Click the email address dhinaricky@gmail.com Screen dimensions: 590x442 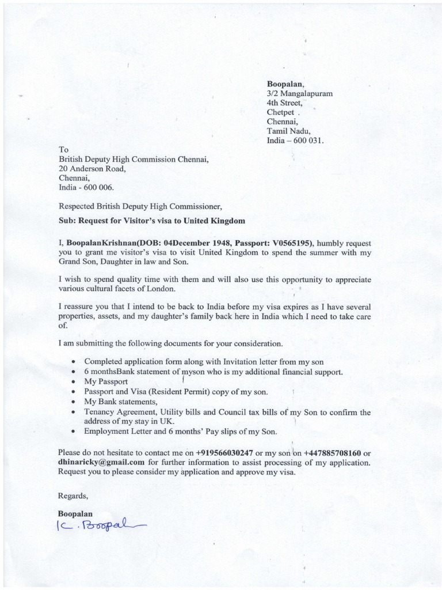tap(101, 462)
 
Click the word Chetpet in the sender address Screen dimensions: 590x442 tap(280, 112)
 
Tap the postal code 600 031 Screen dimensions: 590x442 tap(311, 140)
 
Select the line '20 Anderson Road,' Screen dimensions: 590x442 tap(92, 169)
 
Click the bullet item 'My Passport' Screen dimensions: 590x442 tap(107, 381)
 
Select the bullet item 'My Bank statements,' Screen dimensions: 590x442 tap(120, 401)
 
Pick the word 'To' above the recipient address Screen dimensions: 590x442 tap(64, 149)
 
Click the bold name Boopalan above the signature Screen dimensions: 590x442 tap(75, 512)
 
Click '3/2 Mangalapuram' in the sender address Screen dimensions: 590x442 tap(299, 93)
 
